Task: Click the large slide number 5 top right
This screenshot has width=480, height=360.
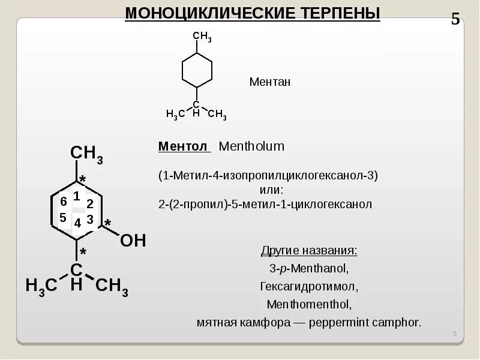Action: (x=455, y=19)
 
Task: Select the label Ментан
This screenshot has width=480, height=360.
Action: (x=269, y=82)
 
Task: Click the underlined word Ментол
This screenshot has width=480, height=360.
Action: (x=182, y=146)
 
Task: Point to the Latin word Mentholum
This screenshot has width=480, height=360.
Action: (x=251, y=146)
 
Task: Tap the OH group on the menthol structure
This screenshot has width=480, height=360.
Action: (x=133, y=241)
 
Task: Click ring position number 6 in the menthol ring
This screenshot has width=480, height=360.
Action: (x=64, y=201)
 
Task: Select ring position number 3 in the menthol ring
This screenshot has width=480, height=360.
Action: (x=90, y=220)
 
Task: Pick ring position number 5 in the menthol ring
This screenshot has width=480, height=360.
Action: (x=63, y=218)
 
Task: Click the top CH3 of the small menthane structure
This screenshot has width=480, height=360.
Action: (x=202, y=37)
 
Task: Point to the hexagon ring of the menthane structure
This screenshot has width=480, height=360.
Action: (x=197, y=71)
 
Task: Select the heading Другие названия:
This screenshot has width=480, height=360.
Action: (x=309, y=250)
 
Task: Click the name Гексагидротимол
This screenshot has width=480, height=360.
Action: (x=309, y=286)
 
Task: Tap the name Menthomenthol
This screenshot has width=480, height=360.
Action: (x=309, y=304)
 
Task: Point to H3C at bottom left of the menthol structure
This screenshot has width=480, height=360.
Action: (x=41, y=286)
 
